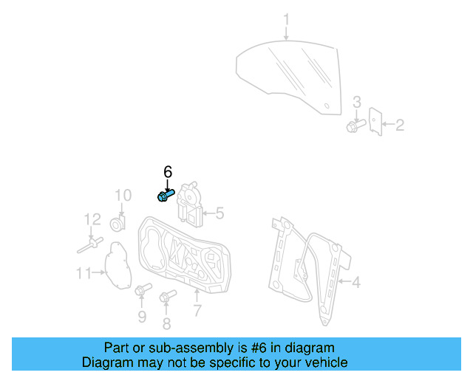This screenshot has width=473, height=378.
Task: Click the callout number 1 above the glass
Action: (x=287, y=19)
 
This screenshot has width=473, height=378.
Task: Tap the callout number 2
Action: (x=400, y=126)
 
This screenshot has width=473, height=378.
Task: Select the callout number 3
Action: (x=356, y=102)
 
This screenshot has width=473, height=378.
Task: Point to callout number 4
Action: (x=355, y=282)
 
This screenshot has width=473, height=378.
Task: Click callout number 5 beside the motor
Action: (x=219, y=214)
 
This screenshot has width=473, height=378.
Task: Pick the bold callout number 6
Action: (x=167, y=171)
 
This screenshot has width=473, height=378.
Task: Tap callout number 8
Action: (x=166, y=323)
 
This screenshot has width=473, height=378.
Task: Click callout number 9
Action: (x=142, y=317)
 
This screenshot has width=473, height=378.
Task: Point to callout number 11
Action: (x=85, y=274)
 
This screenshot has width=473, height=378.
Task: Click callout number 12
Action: (x=92, y=219)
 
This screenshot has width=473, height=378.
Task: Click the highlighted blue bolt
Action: (x=166, y=195)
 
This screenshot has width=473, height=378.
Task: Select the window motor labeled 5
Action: (x=191, y=205)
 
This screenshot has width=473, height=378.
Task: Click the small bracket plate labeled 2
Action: (x=375, y=123)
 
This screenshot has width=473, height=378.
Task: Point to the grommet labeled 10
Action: (x=118, y=223)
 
